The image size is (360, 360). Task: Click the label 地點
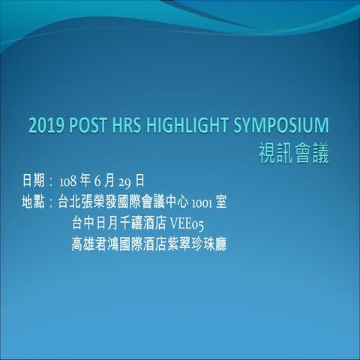click(34, 202)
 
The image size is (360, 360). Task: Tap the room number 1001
click(202, 202)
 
